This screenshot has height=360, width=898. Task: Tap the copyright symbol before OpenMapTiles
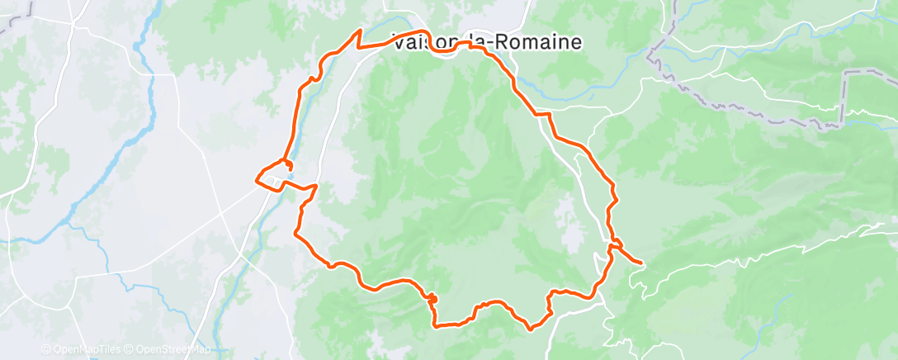coord(46,349)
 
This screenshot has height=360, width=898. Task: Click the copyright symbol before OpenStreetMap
coord(130,349)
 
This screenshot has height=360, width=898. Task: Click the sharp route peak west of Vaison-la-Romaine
coord(360,31)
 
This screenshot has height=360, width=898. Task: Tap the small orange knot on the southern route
coord(431,297)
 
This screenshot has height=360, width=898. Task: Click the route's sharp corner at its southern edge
coord(437,324)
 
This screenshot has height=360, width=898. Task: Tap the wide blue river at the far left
coord(124,149)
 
